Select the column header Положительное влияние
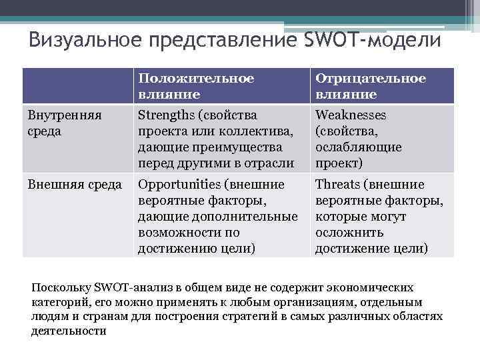pyautogui.click(x=196, y=87)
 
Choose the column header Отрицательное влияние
pyautogui.click(x=370, y=87)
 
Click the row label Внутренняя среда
pyautogui.click(x=65, y=123)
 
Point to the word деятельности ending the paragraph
pyautogui.click(x=69, y=331)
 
